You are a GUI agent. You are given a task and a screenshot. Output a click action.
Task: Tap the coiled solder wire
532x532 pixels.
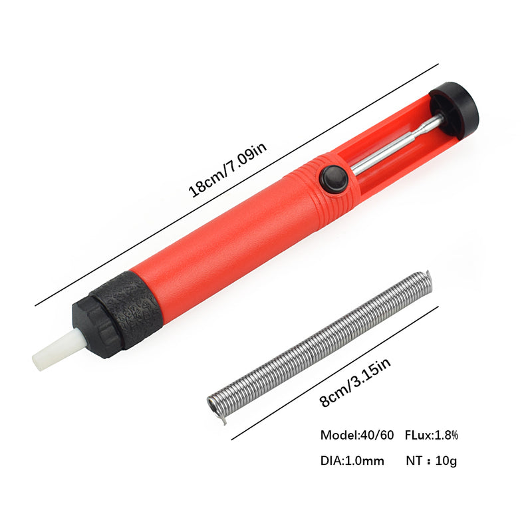[319, 346]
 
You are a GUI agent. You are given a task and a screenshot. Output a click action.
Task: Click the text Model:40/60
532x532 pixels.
[356, 436]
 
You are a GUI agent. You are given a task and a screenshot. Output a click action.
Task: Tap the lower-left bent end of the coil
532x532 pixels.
[219, 412]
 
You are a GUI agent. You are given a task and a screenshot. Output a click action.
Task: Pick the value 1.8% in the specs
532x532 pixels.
[446, 436]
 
